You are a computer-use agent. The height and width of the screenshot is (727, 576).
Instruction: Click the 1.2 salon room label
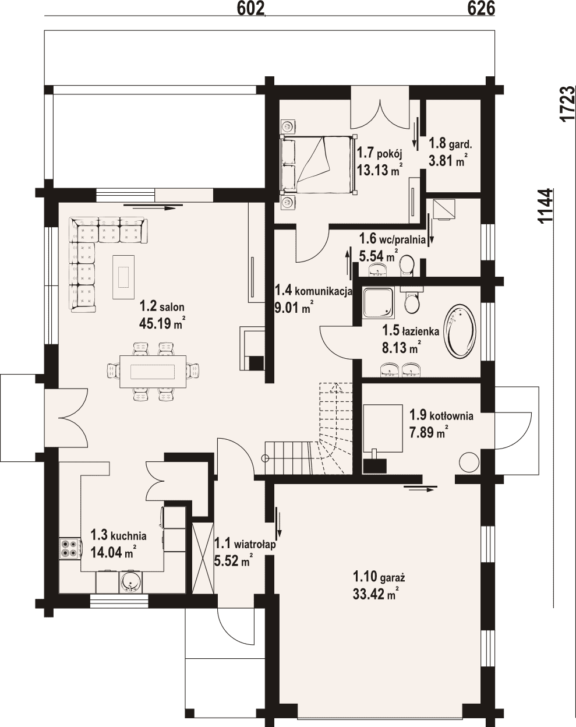pyautogui.click(x=162, y=307)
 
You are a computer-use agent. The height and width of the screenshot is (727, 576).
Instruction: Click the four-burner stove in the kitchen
pyautogui.click(x=70, y=549)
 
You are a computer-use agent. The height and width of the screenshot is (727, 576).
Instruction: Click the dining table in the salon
pyautogui.click(x=153, y=372)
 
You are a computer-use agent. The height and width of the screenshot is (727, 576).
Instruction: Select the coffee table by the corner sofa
pyautogui.click(x=123, y=277)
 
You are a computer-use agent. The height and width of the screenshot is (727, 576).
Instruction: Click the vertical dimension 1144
pyautogui.click(x=546, y=206)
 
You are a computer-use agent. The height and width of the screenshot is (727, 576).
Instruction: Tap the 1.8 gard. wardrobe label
pyautogui.click(x=450, y=144)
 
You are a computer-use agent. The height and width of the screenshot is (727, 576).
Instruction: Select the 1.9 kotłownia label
pyautogui.click(x=441, y=415)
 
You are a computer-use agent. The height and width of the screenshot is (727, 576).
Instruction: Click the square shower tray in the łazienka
pyautogui.click(x=379, y=302)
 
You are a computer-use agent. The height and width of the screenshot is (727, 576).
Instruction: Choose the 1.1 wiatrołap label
pyautogui.click(x=245, y=544)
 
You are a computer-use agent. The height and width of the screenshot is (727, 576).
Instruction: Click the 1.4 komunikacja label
pyautogui.click(x=314, y=291)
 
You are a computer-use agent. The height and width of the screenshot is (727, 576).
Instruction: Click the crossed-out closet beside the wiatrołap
pyautogui.click(x=203, y=557)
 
